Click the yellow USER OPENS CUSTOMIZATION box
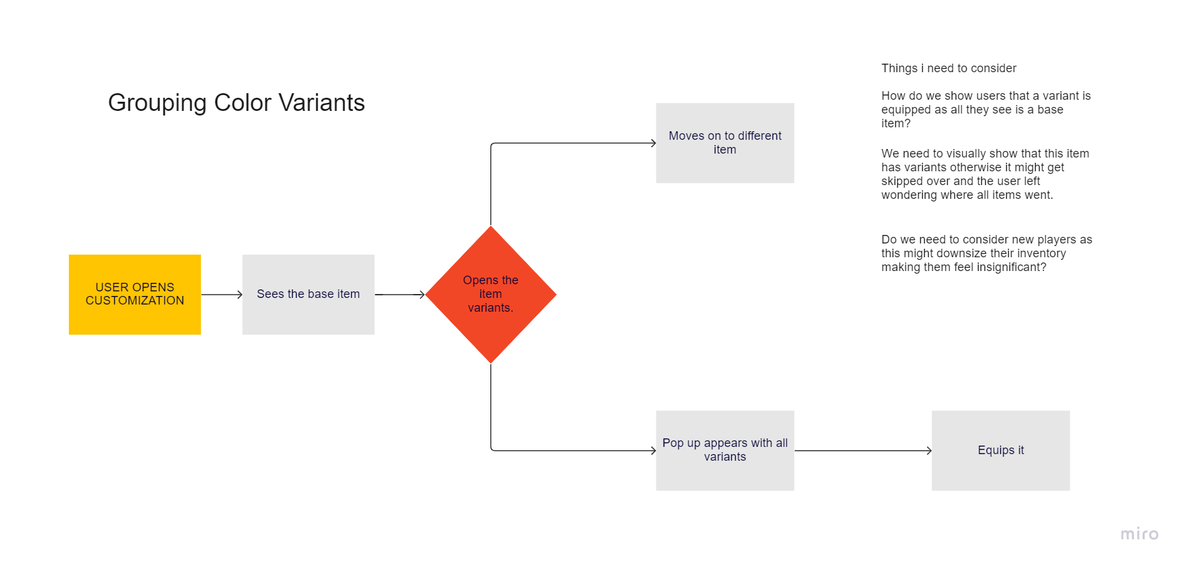click(x=135, y=294)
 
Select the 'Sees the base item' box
click(x=308, y=294)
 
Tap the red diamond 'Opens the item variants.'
click(x=490, y=294)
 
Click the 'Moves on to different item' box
click(x=725, y=142)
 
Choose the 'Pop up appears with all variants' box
click(x=725, y=450)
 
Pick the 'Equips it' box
click(x=1000, y=450)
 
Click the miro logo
click(x=1139, y=534)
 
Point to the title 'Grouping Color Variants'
click(x=236, y=103)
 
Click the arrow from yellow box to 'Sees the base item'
click(x=221, y=295)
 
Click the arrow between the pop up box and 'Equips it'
click(x=862, y=451)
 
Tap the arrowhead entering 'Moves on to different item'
click(x=652, y=143)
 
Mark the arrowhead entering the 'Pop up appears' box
click(x=652, y=451)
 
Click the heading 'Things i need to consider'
click(x=948, y=68)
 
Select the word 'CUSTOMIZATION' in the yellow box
click(x=135, y=301)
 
